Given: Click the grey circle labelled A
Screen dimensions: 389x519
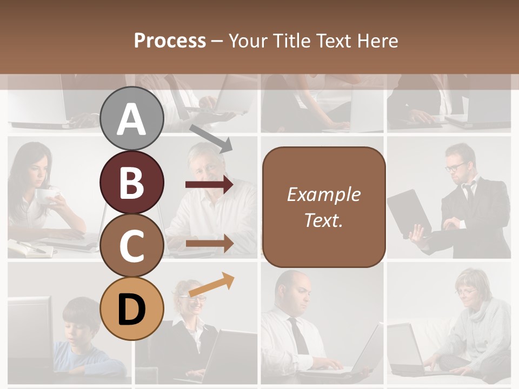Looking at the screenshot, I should [132, 119].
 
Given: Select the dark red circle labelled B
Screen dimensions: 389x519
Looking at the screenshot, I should [132, 183].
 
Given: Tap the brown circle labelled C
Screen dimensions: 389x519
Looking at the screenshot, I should [132, 246].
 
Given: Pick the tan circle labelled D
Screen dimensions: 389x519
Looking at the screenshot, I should [132, 309].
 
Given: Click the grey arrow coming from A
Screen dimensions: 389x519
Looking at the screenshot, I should [211, 138].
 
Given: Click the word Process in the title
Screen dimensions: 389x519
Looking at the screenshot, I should [170, 41].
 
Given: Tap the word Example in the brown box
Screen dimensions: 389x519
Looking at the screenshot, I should [323, 194].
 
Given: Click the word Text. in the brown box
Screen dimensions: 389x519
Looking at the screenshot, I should [323, 220].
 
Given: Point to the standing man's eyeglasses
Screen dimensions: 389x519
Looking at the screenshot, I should [456, 166].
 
